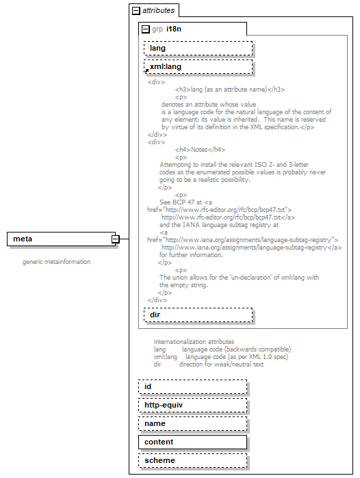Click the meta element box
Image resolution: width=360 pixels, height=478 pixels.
(x=60, y=239)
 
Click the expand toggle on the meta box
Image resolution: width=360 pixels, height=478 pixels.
(x=116, y=239)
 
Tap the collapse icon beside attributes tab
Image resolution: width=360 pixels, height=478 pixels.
(x=136, y=11)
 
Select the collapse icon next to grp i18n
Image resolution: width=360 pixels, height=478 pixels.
(x=145, y=29)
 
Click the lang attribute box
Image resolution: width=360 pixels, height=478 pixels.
(x=198, y=49)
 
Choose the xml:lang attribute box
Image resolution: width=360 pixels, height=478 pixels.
(x=198, y=67)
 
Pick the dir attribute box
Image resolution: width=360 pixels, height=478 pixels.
(x=198, y=315)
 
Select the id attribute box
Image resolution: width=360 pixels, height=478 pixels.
(x=192, y=387)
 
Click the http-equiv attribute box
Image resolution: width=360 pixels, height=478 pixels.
(x=192, y=406)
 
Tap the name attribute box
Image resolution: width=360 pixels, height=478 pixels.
(x=192, y=424)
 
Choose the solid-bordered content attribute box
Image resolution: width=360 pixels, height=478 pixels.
(x=192, y=442)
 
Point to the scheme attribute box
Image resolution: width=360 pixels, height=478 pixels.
(x=192, y=461)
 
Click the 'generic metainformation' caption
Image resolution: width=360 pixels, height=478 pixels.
(x=56, y=262)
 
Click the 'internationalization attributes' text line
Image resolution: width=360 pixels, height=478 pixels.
(x=194, y=341)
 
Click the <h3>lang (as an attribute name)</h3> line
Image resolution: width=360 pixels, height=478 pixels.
(x=230, y=90)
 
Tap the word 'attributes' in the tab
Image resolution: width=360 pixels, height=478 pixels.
(x=158, y=11)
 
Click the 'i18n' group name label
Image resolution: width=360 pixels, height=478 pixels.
(x=174, y=29)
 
